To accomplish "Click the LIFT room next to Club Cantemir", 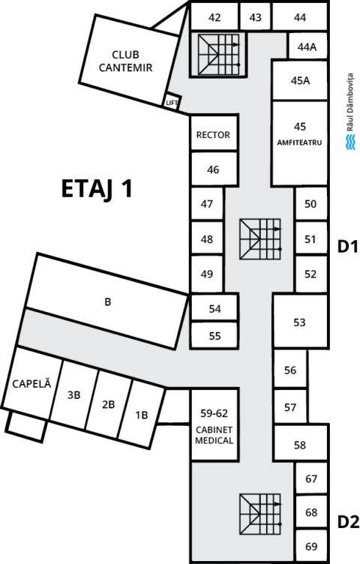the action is coord(172,102).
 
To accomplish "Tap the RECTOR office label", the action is coord(213,135).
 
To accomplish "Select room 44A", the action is coord(307,46).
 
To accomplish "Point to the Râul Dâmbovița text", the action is coord(350,102).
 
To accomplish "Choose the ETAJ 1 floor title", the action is coord(97,188).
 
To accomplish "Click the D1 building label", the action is coord(348,247).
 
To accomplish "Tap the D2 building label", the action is coord(348,522).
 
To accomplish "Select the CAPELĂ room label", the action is coord(31,383).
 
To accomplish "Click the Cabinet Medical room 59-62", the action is coord(214,424).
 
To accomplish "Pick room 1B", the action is coord(142,415).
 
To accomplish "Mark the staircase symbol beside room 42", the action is coord(218,55).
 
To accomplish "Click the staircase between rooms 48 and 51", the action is coord(260,238).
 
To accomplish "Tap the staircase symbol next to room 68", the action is coord(260,514).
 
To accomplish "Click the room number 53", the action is coord(299,322).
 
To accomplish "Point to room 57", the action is coord(290,406).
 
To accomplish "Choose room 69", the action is coord(311,546).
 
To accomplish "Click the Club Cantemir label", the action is coord(125,61).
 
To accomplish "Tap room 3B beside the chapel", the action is coord(73,395).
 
